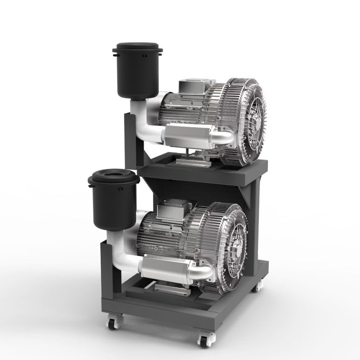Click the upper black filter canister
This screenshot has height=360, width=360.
[137, 76]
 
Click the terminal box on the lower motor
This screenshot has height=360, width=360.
[172, 210]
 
